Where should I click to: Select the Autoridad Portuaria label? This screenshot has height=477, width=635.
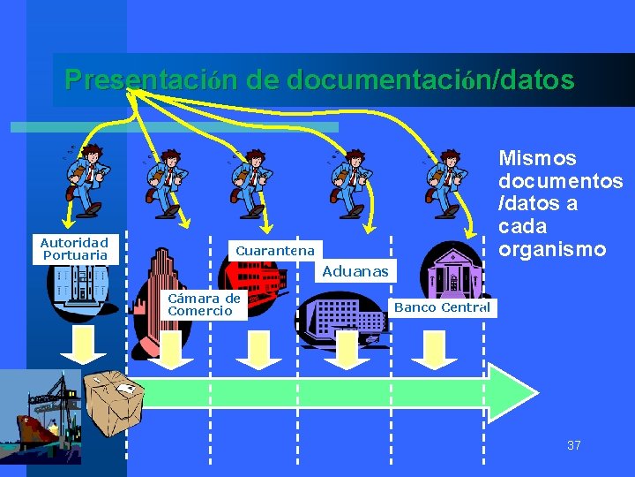tap(75, 248)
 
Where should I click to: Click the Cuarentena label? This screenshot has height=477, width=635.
tap(275, 251)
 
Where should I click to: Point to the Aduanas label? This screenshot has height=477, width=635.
tap(355, 271)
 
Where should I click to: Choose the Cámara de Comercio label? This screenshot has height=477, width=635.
tap(204, 304)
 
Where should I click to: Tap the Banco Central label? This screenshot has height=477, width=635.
tap(441, 307)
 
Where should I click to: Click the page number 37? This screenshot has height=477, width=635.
tap(574, 445)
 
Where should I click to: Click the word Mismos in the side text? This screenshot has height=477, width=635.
tap(538, 159)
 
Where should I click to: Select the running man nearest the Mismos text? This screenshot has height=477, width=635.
tap(444, 181)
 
